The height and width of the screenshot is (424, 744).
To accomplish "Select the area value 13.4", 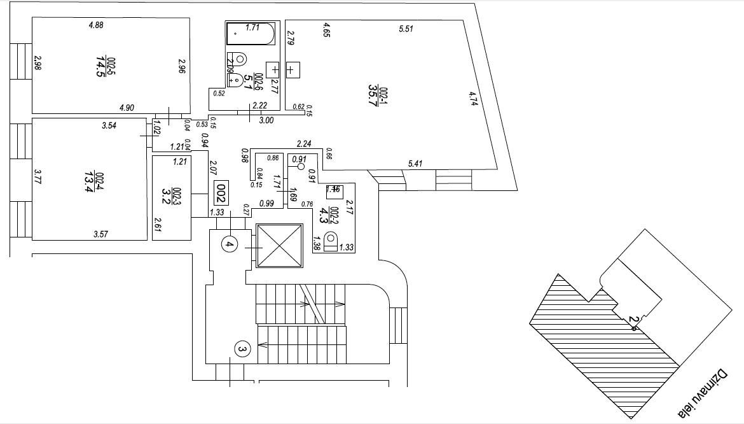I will click(x=88, y=180).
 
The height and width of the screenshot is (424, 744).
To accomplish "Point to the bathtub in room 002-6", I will click(x=251, y=34).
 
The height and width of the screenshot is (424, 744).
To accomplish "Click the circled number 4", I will click(x=230, y=243).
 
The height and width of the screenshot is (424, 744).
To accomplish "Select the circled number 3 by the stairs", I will click(x=242, y=348).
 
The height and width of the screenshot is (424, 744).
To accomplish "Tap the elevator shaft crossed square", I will click(x=279, y=246).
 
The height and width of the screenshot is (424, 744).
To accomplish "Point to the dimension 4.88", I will click(x=96, y=25).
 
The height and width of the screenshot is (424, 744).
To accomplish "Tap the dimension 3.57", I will click(x=100, y=234).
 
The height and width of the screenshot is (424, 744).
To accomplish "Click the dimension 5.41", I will click(x=415, y=164).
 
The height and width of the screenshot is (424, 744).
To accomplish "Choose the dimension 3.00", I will click(x=266, y=120).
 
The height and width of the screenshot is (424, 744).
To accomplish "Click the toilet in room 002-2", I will click(x=331, y=242).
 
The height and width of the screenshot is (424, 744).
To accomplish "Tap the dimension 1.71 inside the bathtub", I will click(x=252, y=27).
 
